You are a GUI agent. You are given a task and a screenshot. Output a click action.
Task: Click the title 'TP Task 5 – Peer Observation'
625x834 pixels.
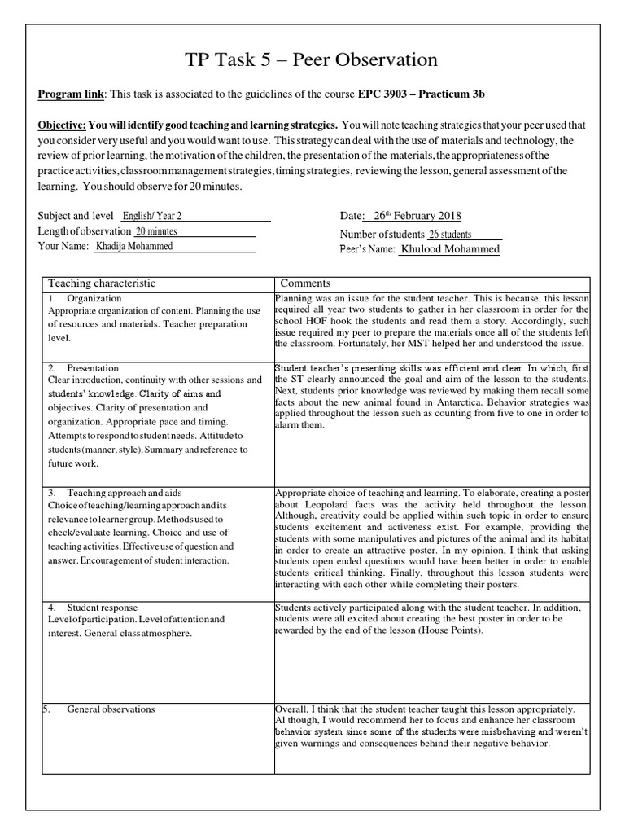click(312, 59)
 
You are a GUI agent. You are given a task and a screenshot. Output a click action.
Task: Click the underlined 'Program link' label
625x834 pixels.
click(71, 95)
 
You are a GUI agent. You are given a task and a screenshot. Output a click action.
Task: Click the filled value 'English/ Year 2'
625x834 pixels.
click(152, 216)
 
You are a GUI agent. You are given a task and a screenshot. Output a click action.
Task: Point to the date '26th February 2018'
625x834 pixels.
click(417, 216)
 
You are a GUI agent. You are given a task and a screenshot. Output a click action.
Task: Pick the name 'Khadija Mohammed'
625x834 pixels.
click(134, 246)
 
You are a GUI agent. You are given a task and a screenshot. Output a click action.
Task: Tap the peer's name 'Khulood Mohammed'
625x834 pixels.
click(449, 249)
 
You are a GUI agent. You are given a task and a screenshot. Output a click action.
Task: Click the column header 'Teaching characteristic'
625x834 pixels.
click(102, 283)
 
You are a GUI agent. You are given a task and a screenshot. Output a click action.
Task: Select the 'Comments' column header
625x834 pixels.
click(305, 283)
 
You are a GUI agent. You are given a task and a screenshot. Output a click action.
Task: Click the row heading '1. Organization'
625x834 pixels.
click(90, 298)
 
